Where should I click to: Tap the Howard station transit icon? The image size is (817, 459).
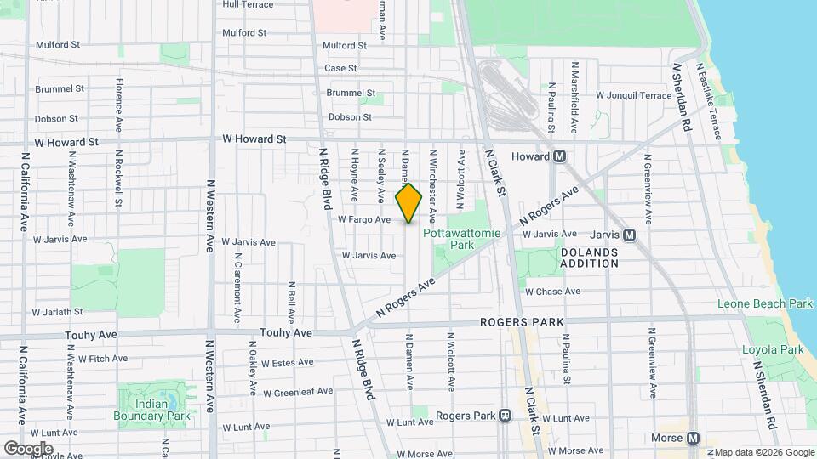560,156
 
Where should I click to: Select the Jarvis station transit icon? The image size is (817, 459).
629,235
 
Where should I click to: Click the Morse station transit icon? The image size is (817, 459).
693,439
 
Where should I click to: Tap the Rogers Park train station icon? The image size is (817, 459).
505,416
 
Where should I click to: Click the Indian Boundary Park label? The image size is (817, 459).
151,411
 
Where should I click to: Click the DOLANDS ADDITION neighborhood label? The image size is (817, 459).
589,258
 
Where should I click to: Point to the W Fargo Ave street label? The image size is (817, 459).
364,219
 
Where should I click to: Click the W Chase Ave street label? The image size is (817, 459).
552,292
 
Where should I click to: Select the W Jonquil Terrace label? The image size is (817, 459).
634,96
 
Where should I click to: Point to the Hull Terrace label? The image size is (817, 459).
248,4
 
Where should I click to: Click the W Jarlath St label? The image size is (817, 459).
59,312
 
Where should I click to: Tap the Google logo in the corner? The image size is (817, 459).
28,448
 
